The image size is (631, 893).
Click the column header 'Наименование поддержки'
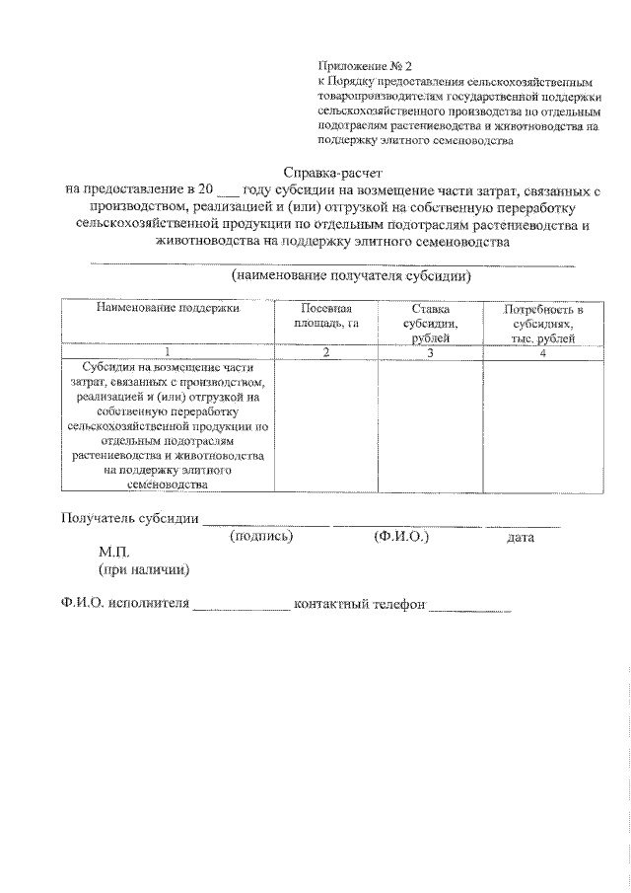click(x=168, y=308)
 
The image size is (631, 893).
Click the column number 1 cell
click(x=168, y=352)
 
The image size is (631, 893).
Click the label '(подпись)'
click(x=261, y=537)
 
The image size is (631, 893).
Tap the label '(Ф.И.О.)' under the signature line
click(x=401, y=537)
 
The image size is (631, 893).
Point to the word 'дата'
click(x=520, y=538)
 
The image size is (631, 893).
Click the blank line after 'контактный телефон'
click(x=469, y=603)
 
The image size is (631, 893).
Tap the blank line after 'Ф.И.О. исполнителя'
click(x=241, y=603)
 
